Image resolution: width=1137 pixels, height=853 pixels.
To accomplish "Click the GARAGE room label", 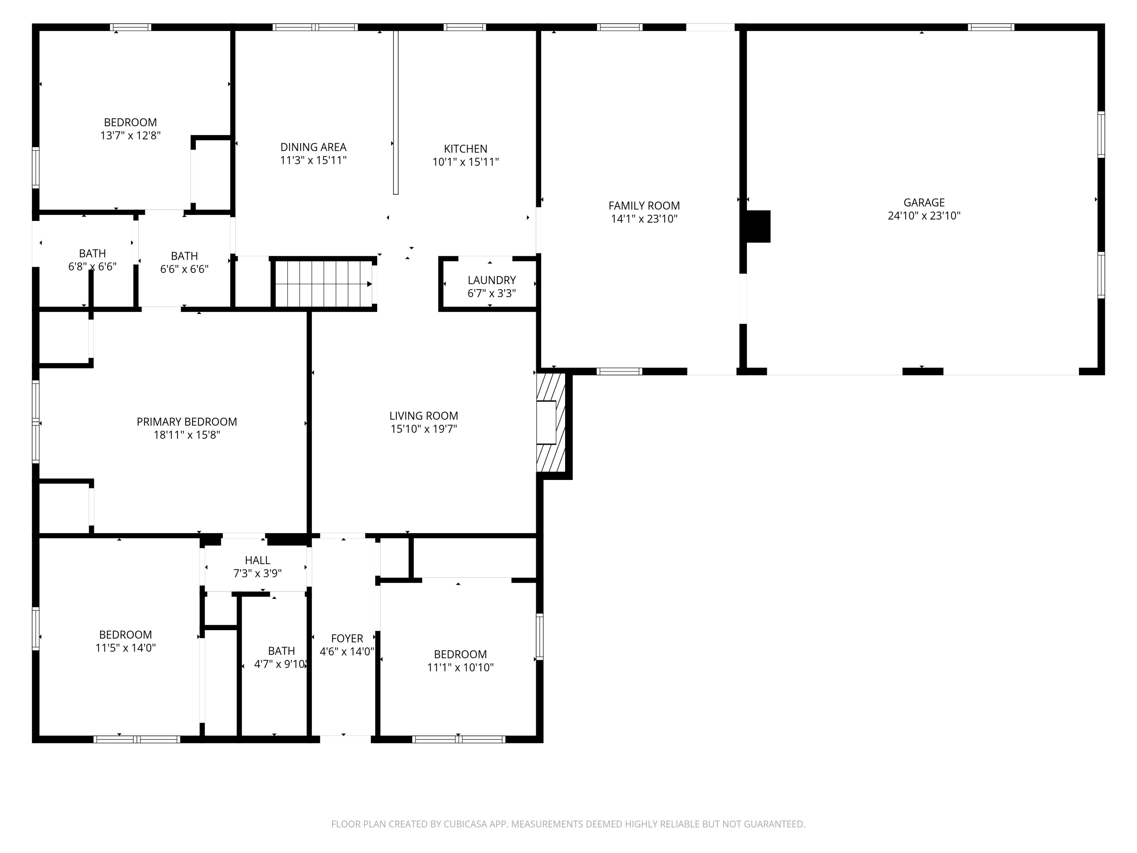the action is pos(924,202).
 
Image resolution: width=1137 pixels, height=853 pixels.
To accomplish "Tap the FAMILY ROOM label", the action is pos(644,205).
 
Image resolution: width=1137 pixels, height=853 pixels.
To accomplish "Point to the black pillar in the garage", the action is pos(758,226).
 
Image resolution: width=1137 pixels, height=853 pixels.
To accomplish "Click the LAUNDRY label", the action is pos(492,280).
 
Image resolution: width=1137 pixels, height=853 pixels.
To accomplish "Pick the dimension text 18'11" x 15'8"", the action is pos(187,435).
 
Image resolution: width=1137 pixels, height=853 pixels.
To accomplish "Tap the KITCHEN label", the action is pos(466,149).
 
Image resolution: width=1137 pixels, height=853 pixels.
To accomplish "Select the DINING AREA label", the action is pos(313,147).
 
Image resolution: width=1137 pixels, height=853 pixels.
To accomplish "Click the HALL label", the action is pos(257,560).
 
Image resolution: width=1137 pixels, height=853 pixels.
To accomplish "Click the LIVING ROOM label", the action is pos(424,416).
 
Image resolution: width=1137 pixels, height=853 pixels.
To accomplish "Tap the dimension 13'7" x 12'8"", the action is pos(130,136).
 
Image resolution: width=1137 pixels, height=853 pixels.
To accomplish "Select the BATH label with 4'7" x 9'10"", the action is pos(282,651).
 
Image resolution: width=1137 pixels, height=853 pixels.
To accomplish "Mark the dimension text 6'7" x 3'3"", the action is pos(492,293).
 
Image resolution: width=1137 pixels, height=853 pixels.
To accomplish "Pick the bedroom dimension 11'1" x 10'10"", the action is pos(460,667).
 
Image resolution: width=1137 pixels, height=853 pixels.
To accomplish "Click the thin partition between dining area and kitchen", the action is pos(396,112).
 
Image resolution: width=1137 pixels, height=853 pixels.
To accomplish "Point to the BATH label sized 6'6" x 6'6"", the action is pos(184,256).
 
